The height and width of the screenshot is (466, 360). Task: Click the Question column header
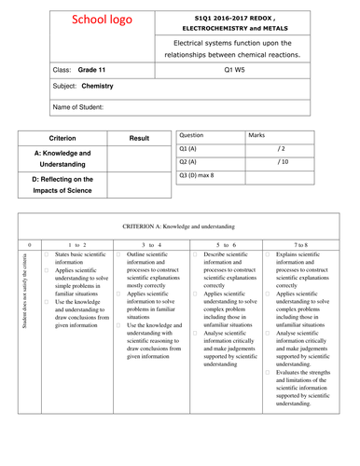tap(190, 134)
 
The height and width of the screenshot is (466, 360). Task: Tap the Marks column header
tap(256, 134)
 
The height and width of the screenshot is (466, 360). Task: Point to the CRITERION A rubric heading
tap(180, 226)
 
